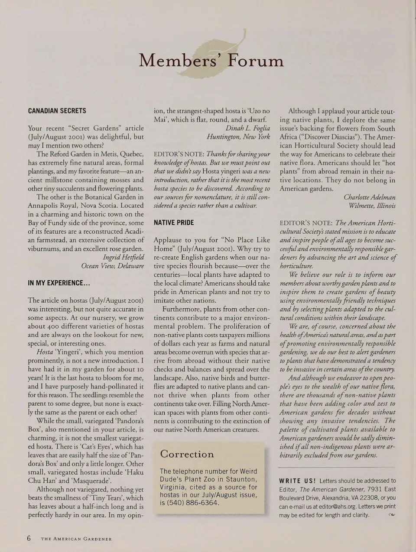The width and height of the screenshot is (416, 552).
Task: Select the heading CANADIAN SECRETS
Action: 57,111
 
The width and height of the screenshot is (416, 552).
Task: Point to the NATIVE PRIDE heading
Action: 174,223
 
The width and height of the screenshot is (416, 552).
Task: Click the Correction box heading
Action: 187,454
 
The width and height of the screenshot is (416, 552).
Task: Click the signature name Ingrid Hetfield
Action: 123,257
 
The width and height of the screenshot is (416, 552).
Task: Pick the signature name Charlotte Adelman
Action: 369,197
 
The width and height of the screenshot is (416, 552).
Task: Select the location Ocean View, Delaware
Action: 112,266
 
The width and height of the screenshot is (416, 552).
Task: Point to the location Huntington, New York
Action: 238,136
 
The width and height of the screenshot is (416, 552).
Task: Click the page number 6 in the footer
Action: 29,539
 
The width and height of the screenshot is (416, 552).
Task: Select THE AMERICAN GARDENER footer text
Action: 76,539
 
